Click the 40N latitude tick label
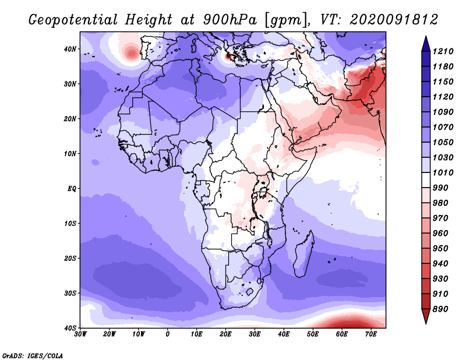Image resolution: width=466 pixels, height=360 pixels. coord(70,49)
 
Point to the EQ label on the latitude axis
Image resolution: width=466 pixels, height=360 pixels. coord(72,189)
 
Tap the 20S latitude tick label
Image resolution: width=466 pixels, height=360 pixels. coord(70,258)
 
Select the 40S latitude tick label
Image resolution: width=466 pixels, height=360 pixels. coord(70,328)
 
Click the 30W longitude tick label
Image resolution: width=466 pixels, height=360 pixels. coord(80,334)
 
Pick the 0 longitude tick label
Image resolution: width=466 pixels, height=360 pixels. coord(168,334)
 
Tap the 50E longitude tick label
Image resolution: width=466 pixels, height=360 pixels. coord(313,334)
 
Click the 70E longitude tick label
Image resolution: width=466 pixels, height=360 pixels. coord(371,334)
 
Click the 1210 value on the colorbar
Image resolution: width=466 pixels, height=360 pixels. coord(443,51)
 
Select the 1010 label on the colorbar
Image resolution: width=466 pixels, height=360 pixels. coord(443,172)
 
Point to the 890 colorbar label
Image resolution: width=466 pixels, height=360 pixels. coord(440,309)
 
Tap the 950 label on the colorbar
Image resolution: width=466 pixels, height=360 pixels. coord(440,249)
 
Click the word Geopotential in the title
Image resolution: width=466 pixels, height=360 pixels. coord(73,20)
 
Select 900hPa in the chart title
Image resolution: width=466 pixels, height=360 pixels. coord(230,20)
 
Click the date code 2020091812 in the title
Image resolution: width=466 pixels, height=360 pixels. coord(394,20)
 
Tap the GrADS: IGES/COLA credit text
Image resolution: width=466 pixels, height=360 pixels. coord(33,356)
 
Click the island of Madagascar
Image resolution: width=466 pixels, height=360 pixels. coord(304,254)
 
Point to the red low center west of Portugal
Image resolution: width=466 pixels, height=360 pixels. coord(130,54)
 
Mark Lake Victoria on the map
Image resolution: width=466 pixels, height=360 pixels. coord(263,192)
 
